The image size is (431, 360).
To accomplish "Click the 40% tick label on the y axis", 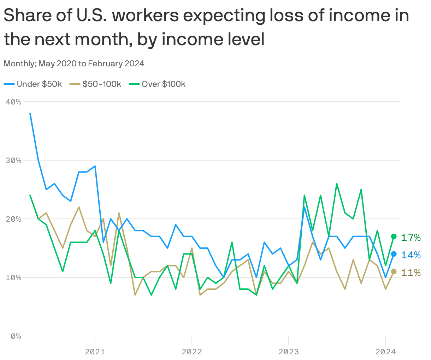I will tap(14, 102).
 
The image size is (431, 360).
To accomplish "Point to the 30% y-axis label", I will tap(14, 160).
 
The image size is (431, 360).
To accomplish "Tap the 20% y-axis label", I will tap(14, 219).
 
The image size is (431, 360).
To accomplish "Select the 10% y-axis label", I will tap(14, 277).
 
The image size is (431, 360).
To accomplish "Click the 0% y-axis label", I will tap(16, 336).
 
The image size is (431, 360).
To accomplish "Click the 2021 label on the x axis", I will tap(95, 352).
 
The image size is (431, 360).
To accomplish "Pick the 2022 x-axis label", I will tap(192, 352).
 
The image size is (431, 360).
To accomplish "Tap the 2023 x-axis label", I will tap(289, 352).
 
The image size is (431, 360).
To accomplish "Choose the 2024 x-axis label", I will tap(385, 352).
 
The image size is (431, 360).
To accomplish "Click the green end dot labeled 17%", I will tap(394, 236).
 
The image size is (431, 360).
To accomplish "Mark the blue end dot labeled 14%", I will tap(394, 254).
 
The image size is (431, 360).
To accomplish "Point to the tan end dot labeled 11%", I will tap(394, 271).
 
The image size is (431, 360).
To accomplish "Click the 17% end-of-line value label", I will tap(411, 238).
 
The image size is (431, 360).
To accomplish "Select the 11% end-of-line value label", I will tap(411, 272).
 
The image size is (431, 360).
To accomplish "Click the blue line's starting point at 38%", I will tap(30, 113).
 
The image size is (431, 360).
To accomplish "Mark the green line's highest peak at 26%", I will tap(337, 184).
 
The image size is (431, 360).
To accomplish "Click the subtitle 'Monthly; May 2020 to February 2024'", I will tap(74, 64).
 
